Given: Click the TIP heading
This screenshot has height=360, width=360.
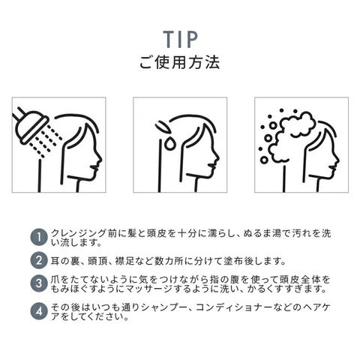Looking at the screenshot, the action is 181,39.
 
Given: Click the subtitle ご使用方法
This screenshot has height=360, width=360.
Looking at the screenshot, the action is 180,62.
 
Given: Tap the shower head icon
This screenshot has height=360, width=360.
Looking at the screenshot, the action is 30,126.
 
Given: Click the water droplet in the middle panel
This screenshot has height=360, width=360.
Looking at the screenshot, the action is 169,143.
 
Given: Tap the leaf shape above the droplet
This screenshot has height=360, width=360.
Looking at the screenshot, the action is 163,127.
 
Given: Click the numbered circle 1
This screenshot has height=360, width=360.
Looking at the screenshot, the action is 39,237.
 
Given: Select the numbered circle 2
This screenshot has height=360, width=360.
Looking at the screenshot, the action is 39,261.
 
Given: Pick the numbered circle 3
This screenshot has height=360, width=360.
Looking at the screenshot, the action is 39,283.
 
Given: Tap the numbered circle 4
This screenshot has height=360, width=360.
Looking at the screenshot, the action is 39,312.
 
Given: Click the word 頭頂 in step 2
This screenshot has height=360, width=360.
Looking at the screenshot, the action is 97,261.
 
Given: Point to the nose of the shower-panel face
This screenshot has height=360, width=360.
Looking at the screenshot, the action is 100,158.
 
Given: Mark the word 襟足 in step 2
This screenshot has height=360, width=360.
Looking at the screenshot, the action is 124,261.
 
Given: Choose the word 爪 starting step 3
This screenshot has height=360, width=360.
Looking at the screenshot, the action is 55,280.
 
